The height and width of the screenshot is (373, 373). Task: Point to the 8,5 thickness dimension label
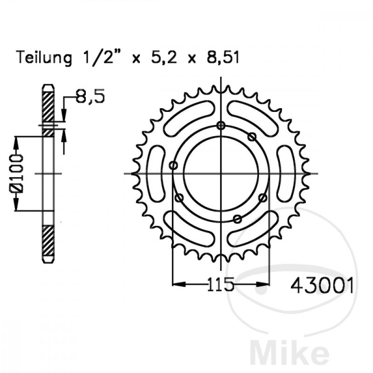pyautogui.click(x=90, y=97)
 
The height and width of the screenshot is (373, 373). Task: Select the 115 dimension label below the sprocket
pyautogui.click(x=221, y=284)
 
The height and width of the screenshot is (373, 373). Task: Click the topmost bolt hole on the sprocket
pyautogui.click(x=221, y=125)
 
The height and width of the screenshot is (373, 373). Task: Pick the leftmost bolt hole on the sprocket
pyautogui.click(x=173, y=165)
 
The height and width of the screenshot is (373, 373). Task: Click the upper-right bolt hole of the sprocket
pyautogui.click(x=252, y=137)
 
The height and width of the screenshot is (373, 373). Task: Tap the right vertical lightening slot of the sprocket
pyautogui.click(x=285, y=173)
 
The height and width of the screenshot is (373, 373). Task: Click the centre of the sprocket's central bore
pyautogui.click(x=221, y=173)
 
